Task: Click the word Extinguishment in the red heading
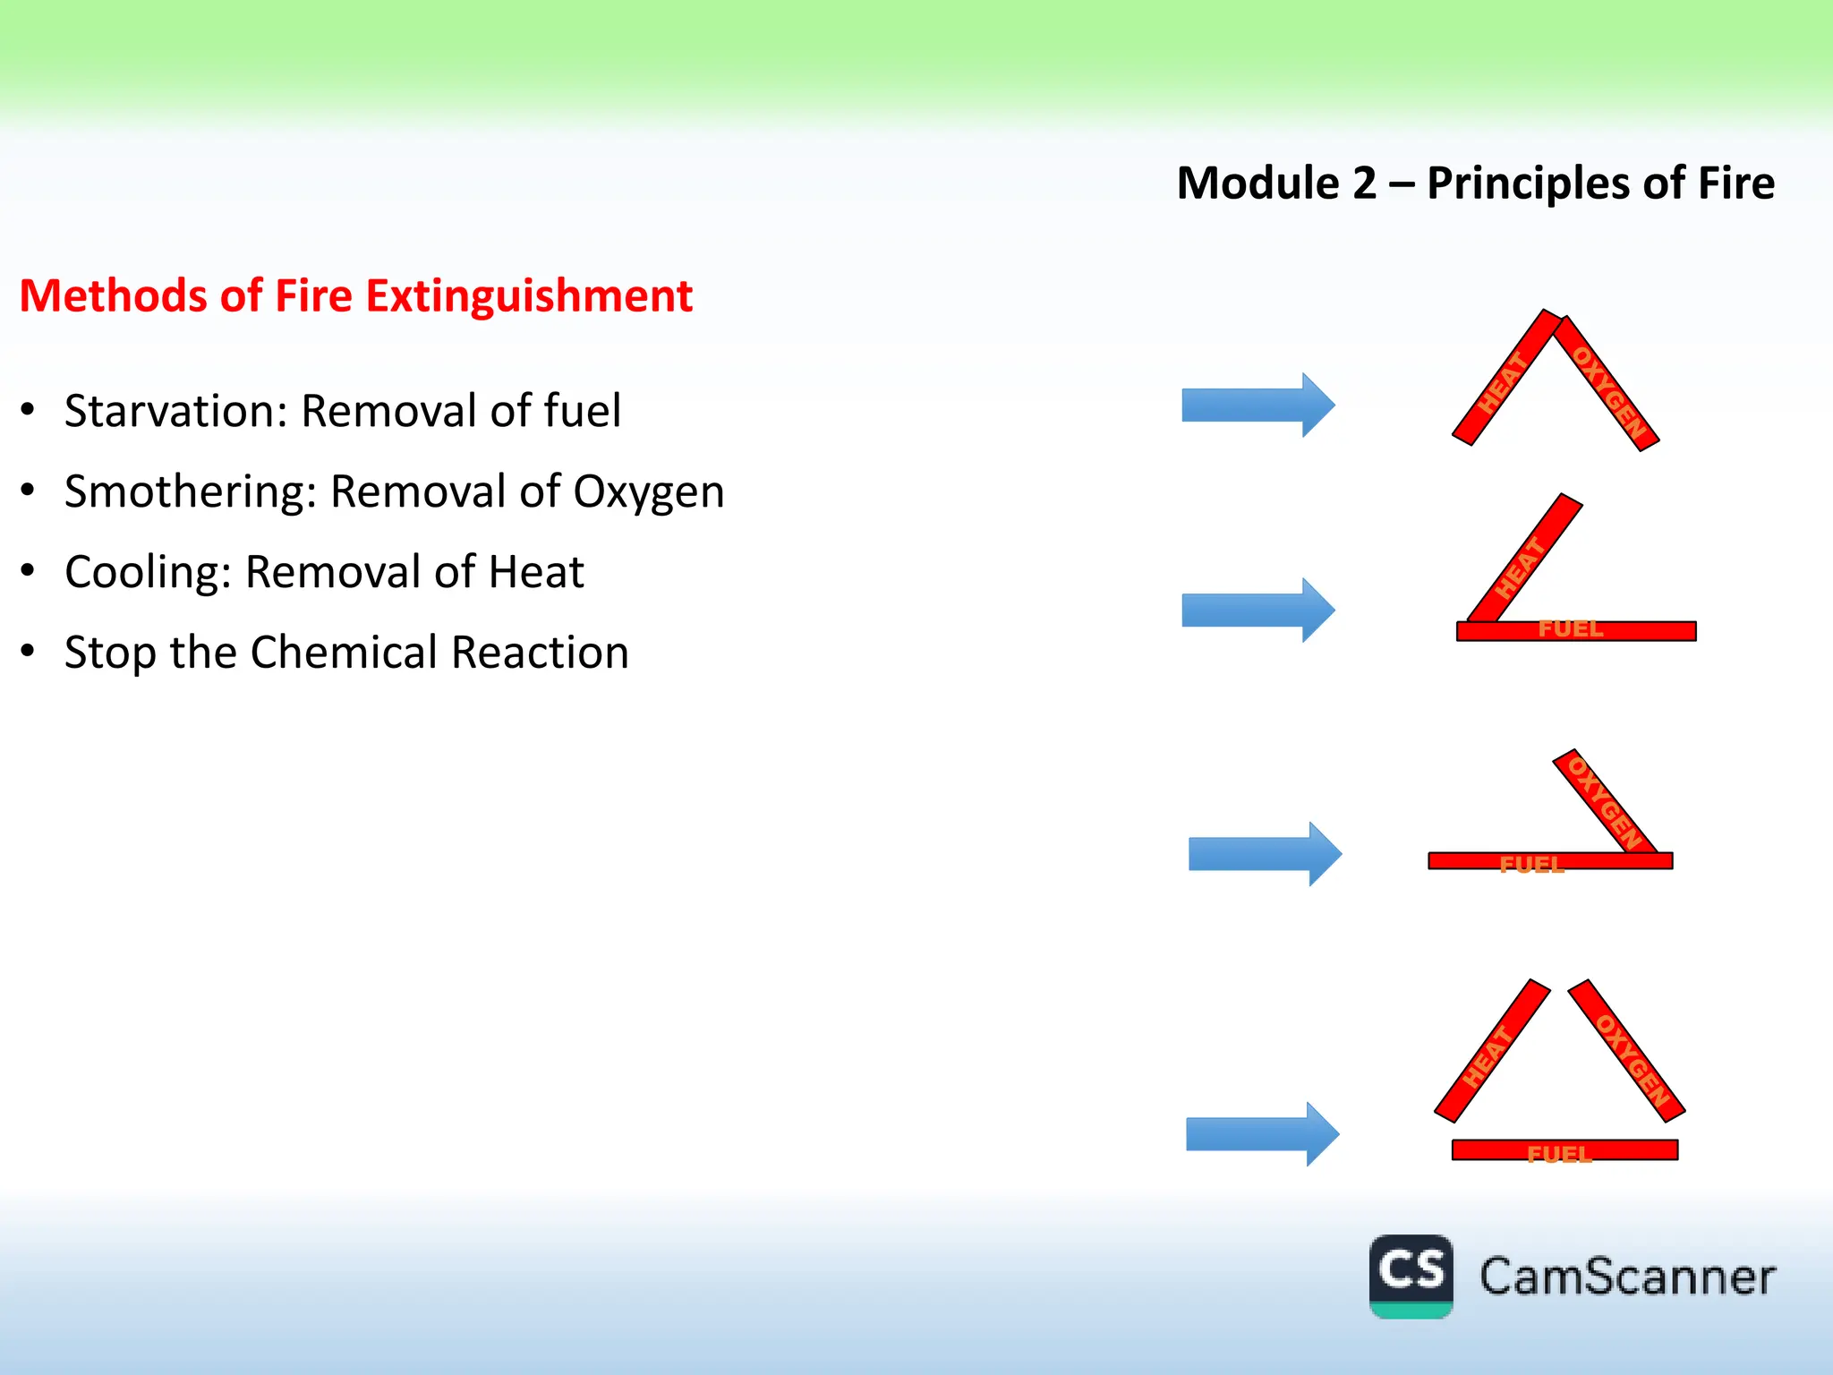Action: click(x=529, y=296)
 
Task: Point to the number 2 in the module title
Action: click(x=1364, y=184)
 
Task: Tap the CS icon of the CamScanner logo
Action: click(x=1411, y=1275)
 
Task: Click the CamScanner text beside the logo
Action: click(x=1626, y=1277)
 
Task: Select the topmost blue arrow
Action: click(x=1258, y=406)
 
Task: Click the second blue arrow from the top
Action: click(x=1258, y=611)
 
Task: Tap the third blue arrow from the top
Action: click(x=1264, y=854)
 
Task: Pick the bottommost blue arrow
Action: click(x=1261, y=1134)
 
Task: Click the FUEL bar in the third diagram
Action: click(x=1549, y=861)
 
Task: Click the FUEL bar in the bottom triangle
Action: click(x=1564, y=1150)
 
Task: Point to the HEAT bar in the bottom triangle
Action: click(x=1491, y=1052)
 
